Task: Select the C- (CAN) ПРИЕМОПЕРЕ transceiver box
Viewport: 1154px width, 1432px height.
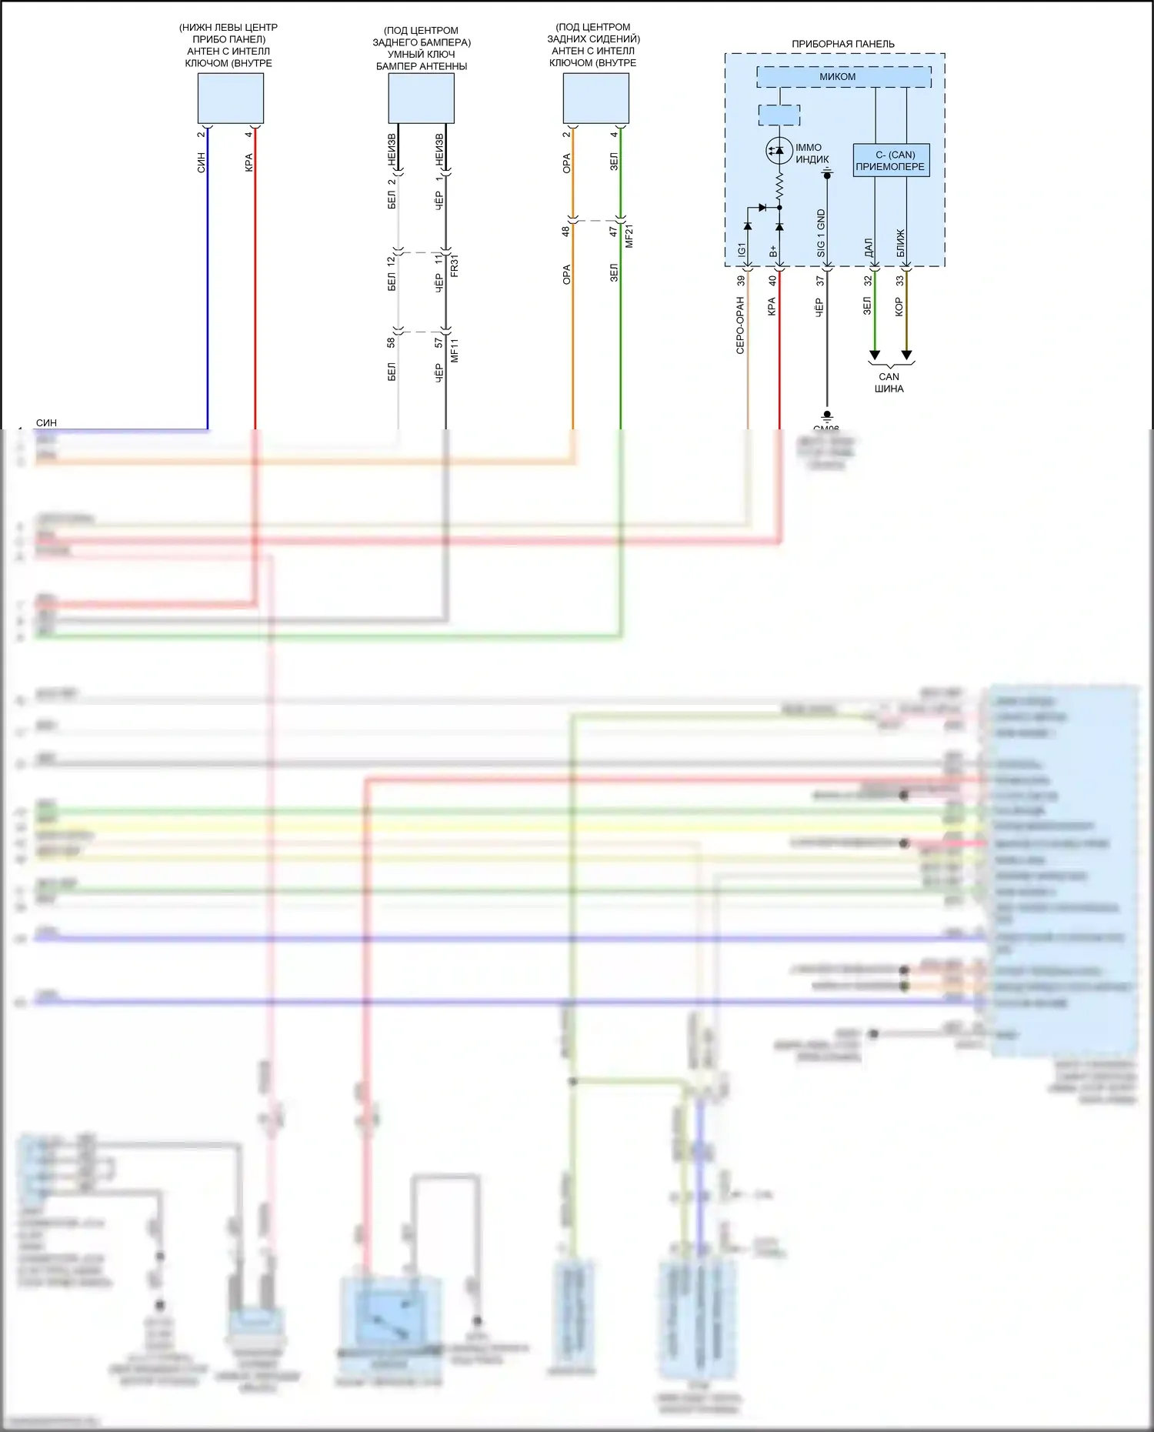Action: [891, 160]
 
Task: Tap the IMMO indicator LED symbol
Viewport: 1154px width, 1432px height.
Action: [779, 150]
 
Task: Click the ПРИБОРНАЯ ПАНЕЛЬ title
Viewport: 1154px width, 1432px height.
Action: [842, 44]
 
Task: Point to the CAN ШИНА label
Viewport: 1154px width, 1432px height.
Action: [889, 382]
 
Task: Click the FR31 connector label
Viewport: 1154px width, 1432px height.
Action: [454, 265]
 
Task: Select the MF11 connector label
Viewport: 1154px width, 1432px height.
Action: [454, 350]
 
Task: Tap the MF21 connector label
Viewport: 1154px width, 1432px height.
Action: [629, 236]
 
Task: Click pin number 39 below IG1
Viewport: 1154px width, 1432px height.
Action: [741, 281]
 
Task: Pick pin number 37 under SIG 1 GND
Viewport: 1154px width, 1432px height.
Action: [820, 281]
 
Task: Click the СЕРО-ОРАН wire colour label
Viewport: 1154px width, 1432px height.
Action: [740, 325]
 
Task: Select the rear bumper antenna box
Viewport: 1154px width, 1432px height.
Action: [421, 98]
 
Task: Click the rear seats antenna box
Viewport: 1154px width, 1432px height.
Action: [595, 98]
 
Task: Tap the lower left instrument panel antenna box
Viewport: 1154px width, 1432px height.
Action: [230, 98]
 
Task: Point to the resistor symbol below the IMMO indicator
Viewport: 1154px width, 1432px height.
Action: [779, 185]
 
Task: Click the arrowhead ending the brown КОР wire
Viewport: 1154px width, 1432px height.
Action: [906, 355]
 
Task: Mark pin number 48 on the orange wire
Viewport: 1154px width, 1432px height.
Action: [565, 230]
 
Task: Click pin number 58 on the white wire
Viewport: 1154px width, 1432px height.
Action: [391, 342]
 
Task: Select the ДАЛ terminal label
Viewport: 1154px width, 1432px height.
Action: [868, 248]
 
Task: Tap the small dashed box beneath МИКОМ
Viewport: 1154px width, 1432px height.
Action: [779, 115]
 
